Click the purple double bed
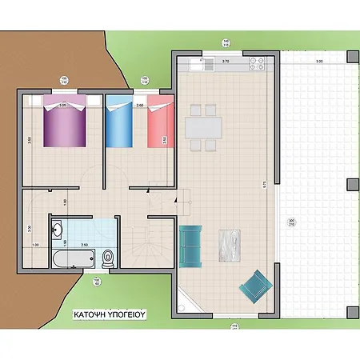click(64, 124)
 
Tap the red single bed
click(158, 124)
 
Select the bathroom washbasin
click(57, 232)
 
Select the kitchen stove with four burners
click(257, 62)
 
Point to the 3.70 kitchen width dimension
click(226, 61)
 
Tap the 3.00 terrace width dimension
click(318, 62)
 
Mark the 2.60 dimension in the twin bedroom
click(139, 105)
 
